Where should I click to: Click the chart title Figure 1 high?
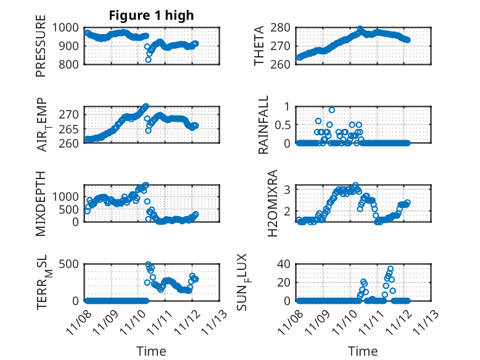pyautogui.click(x=151, y=15)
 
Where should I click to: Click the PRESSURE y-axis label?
pyautogui.click(x=41, y=50)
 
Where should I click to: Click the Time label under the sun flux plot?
pyautogui.click(x=363, y=351)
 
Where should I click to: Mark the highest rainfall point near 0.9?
pyautogui.click(x=332, y=110)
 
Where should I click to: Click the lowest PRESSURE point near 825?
pyautogui.click(x=148, y=59)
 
